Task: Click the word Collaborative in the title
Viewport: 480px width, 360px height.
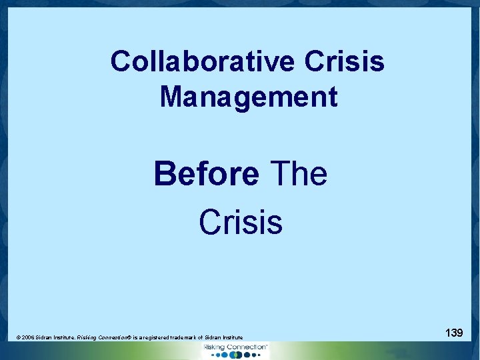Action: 202,62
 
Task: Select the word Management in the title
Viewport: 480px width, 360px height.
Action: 249,97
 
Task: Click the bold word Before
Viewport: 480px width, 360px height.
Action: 206,175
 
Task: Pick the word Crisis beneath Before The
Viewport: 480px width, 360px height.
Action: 241,222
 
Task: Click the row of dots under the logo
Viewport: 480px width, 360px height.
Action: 235,355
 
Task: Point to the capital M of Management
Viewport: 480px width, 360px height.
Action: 170,97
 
